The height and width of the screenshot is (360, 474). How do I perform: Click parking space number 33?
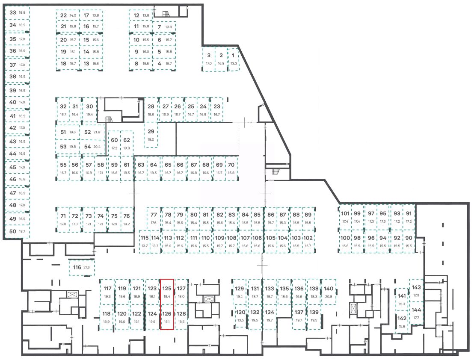click(x=17, y=13)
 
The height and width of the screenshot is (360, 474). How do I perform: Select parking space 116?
click(x=81, y=268)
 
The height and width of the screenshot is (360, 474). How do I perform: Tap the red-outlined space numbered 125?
click(x=167, y=292)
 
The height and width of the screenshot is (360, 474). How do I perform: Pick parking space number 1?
click(x=233, y=59)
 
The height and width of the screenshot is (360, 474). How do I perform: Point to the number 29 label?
click(x=151, y=131)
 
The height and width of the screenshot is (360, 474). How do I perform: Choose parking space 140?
click(x=329, y=292)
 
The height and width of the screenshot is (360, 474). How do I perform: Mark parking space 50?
click(x=17, y=231)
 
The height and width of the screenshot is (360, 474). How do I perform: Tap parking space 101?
click(x=345, y=217)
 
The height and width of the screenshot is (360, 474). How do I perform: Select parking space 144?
click(x=416, y=313)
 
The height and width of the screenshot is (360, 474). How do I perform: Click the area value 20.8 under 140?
click(x=329, y=296)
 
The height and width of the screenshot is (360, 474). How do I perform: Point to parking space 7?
click(x=163, y=27)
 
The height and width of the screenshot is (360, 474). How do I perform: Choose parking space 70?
click(x=231, y=168)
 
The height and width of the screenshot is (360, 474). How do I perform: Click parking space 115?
click(x=145, y=242)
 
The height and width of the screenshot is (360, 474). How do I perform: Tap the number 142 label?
click(x=402, y=319)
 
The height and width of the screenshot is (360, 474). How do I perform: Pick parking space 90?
click(x=409, y=242)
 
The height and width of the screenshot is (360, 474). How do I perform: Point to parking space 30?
click(x=89, y=110)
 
